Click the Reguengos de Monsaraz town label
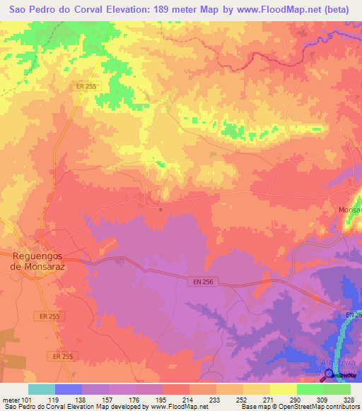43,261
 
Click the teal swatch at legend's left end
41,388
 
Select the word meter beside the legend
11,399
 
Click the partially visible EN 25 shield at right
354,314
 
